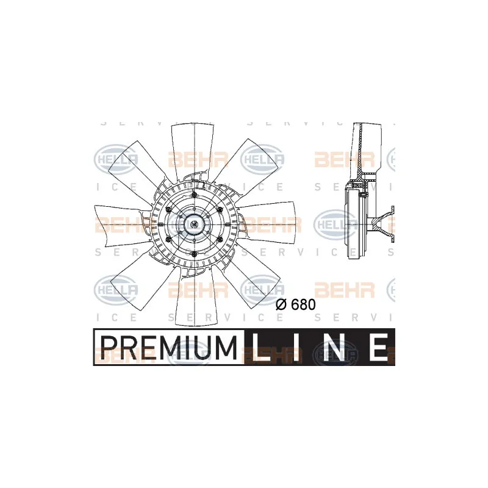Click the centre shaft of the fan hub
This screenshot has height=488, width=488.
click(194, 224)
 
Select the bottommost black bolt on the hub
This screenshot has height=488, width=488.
click(194, 254)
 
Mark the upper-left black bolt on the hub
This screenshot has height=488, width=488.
click(169, 210)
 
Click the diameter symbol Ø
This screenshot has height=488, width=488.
click(281, 304)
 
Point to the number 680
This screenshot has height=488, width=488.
click(303, 304)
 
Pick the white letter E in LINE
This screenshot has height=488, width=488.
click(377, 347)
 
